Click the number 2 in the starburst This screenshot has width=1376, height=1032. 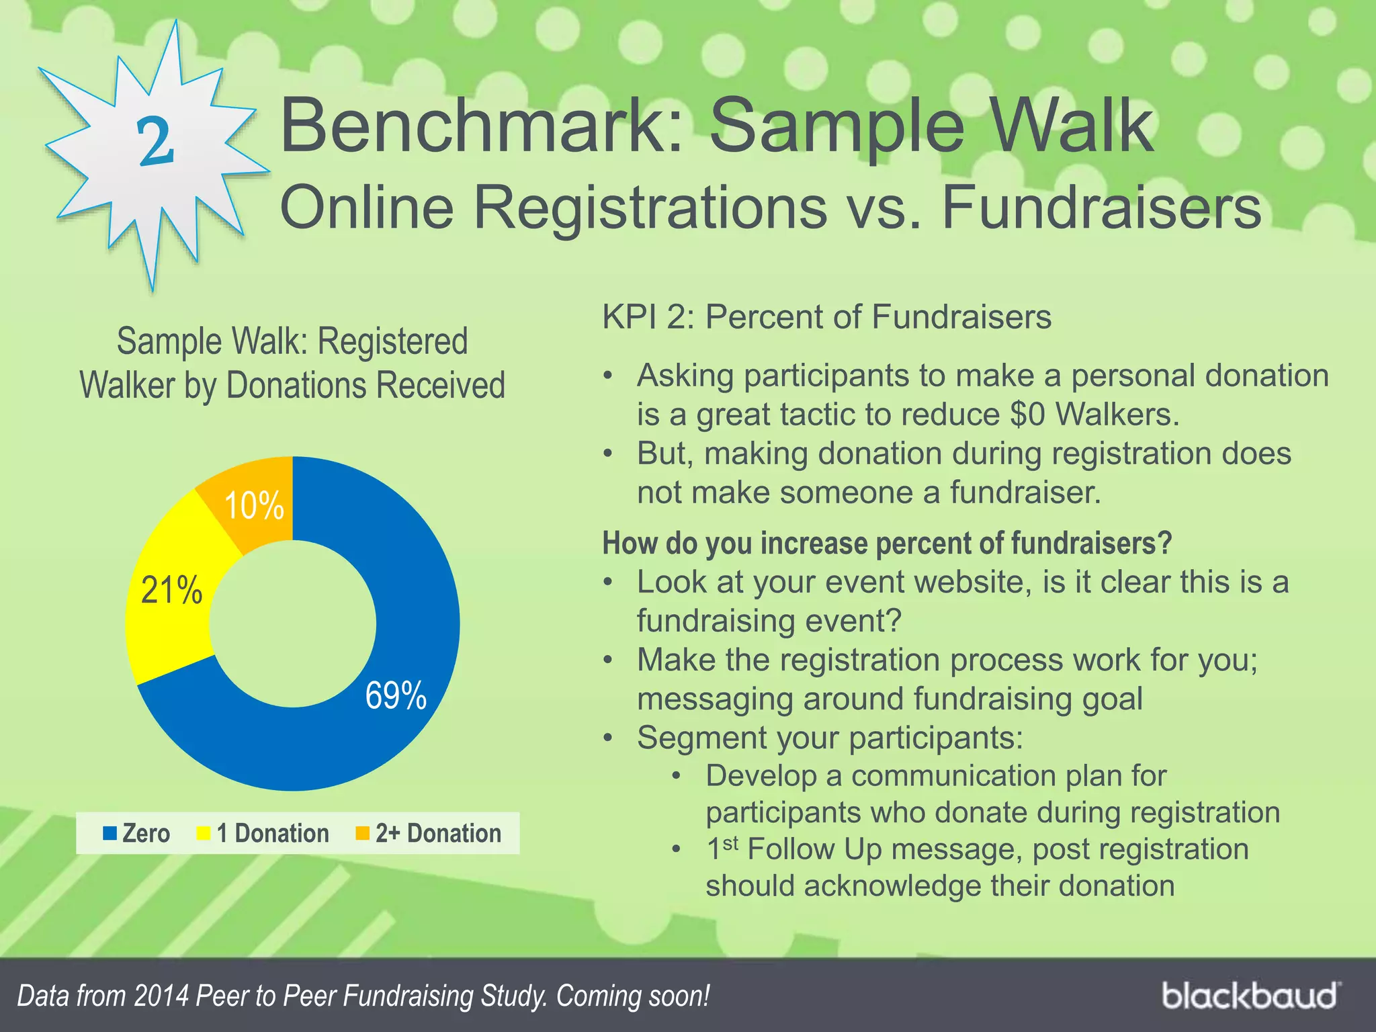(x=156, y=140)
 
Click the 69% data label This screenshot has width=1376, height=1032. (x=396, y=695)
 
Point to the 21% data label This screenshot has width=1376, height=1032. (x=171, y=591)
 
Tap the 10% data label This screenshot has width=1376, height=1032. (x=254, y=505)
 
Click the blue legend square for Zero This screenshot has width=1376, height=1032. (x=110, y=834)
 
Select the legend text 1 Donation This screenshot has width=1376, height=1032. (x=273, y=834)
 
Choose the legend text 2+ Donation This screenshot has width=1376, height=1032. (x=438, y=834)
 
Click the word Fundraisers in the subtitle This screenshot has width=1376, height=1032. (x=1101, y=208)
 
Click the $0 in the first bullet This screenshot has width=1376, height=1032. (x=1027, y=415)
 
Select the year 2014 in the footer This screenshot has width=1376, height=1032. (x=161, y=996)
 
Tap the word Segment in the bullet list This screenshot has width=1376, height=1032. (x=699, y=738)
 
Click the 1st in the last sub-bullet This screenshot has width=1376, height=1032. (x=722, y=849)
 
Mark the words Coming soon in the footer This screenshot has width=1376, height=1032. (x=633, y=996)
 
